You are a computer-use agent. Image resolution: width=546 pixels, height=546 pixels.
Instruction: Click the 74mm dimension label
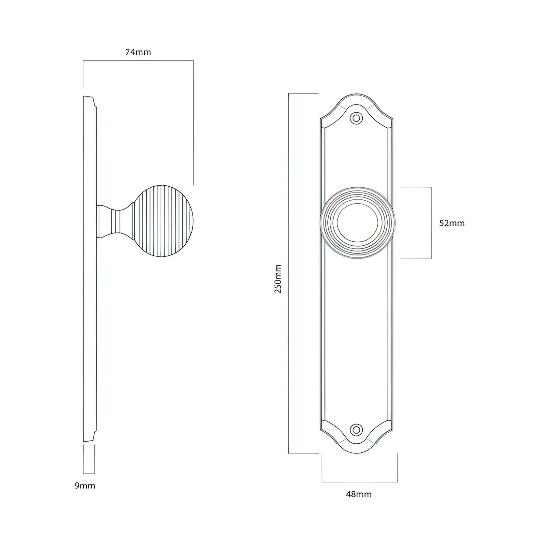[138, 52]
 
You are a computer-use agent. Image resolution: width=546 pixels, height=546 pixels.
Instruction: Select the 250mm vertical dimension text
[278, 279]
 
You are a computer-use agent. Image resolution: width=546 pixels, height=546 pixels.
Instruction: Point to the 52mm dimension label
[452, 223]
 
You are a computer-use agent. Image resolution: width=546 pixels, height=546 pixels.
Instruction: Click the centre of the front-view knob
[358, 223]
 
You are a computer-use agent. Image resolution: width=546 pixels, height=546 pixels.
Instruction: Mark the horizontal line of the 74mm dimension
[138, 61]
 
